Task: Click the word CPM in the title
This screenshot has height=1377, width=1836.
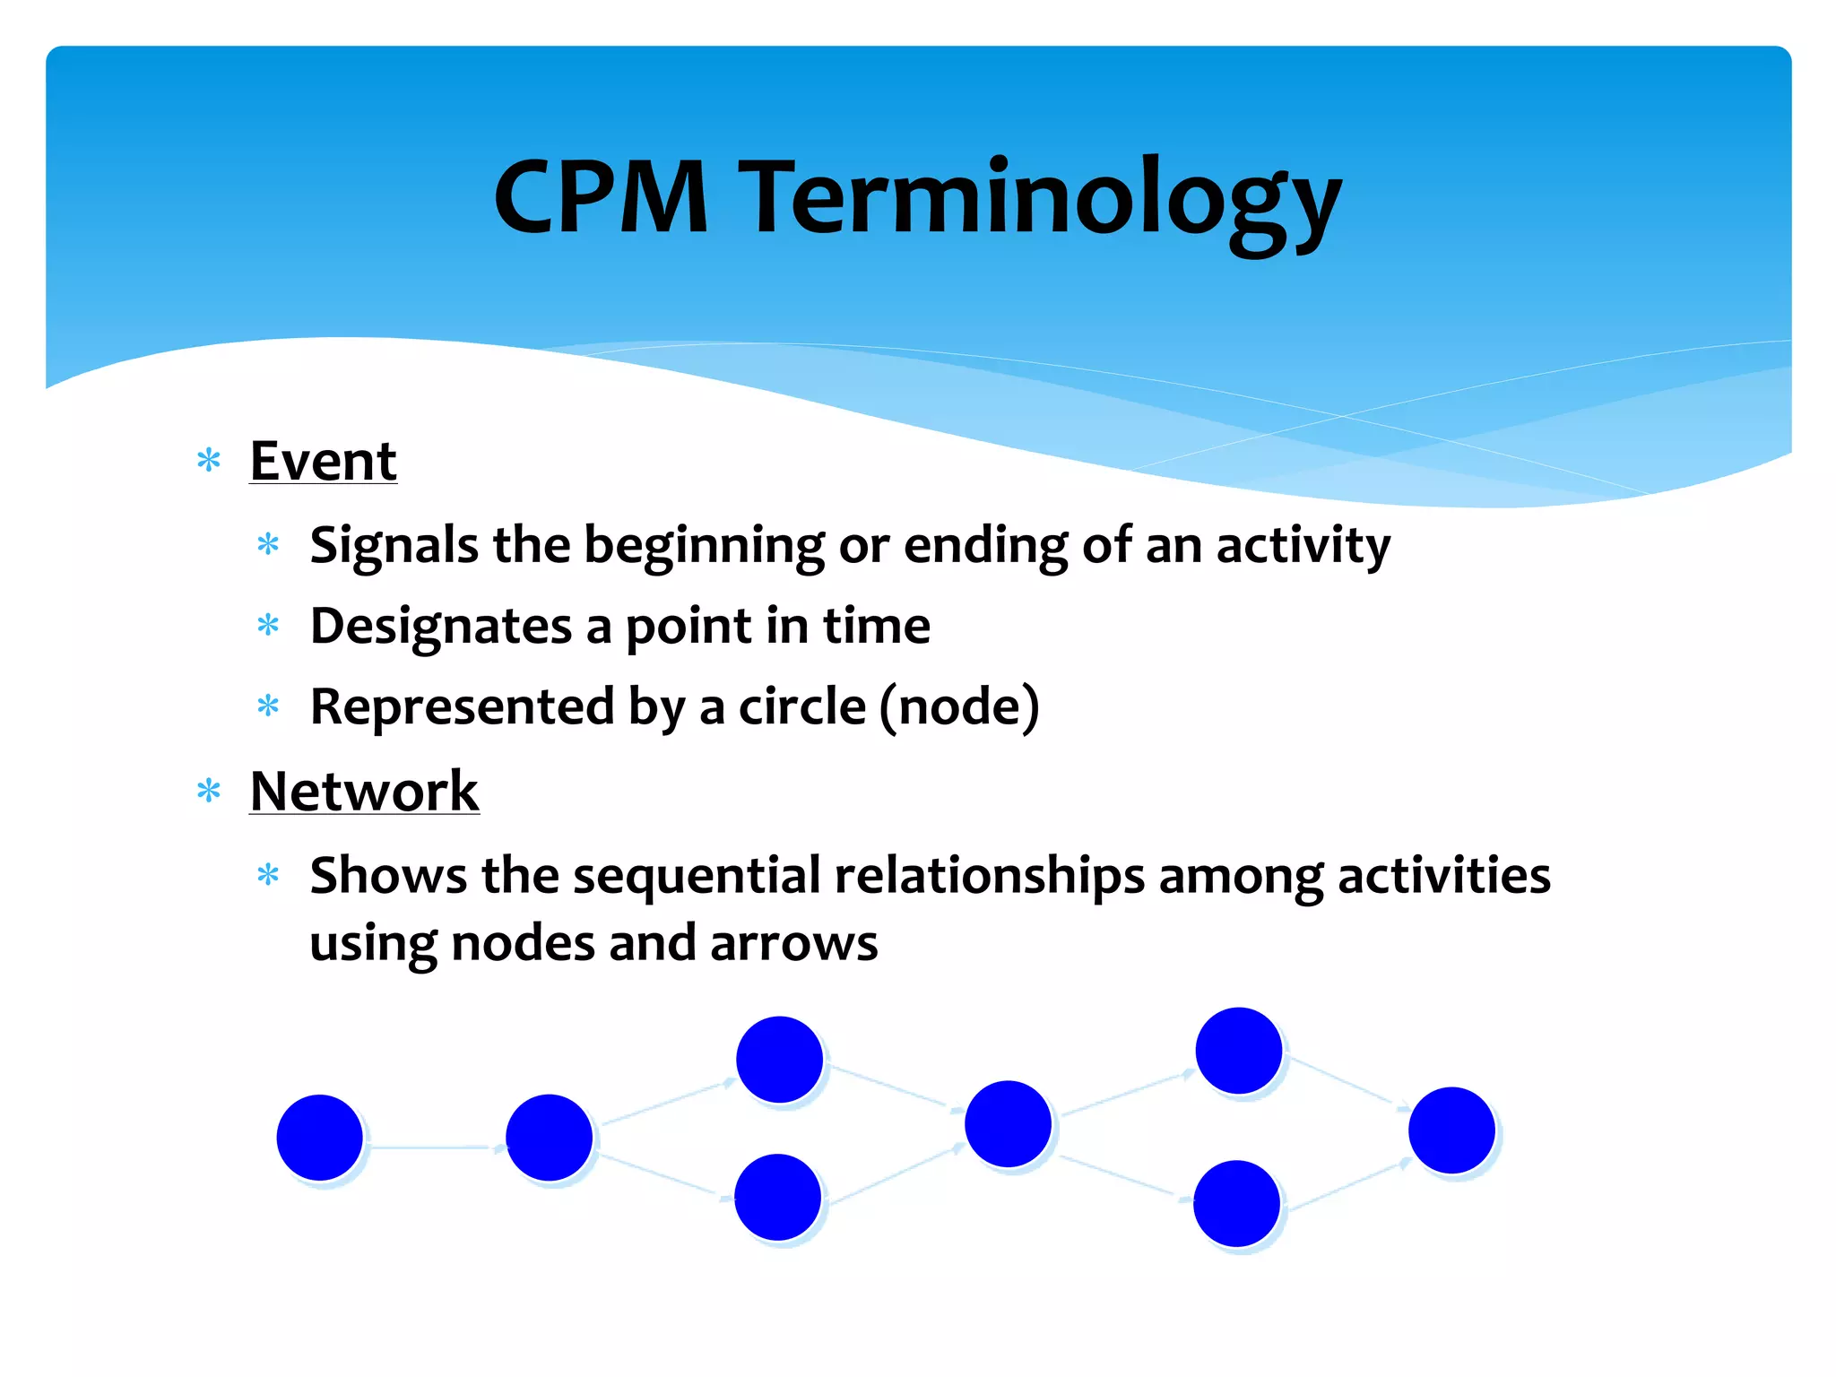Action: tap(601, 197)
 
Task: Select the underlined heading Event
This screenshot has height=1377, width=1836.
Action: tap(323, 461)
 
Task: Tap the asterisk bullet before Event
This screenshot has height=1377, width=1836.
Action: tap(209, 461)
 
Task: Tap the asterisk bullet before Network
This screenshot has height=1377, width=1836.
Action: tap(209, 791)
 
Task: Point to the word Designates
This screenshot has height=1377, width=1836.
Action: tap(440, 626)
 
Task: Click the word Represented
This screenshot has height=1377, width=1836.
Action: tap(462, 706)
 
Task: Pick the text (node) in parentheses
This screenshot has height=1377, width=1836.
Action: tap(959, 706)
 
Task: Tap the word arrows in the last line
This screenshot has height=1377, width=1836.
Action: tap(793, 943)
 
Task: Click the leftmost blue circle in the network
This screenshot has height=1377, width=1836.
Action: tap(320, 1137)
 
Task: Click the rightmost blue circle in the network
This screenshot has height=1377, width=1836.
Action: tap(1451, 1130)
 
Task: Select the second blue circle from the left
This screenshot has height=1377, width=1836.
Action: tap(549, 1137)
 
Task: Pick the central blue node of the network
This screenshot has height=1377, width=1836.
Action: tap(1008, 1123)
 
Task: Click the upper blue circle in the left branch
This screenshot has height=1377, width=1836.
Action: tap(779, 1059)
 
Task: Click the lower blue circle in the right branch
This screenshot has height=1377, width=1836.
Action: tap(1236, 1203)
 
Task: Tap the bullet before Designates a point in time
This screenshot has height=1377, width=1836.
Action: tap(268, 625)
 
